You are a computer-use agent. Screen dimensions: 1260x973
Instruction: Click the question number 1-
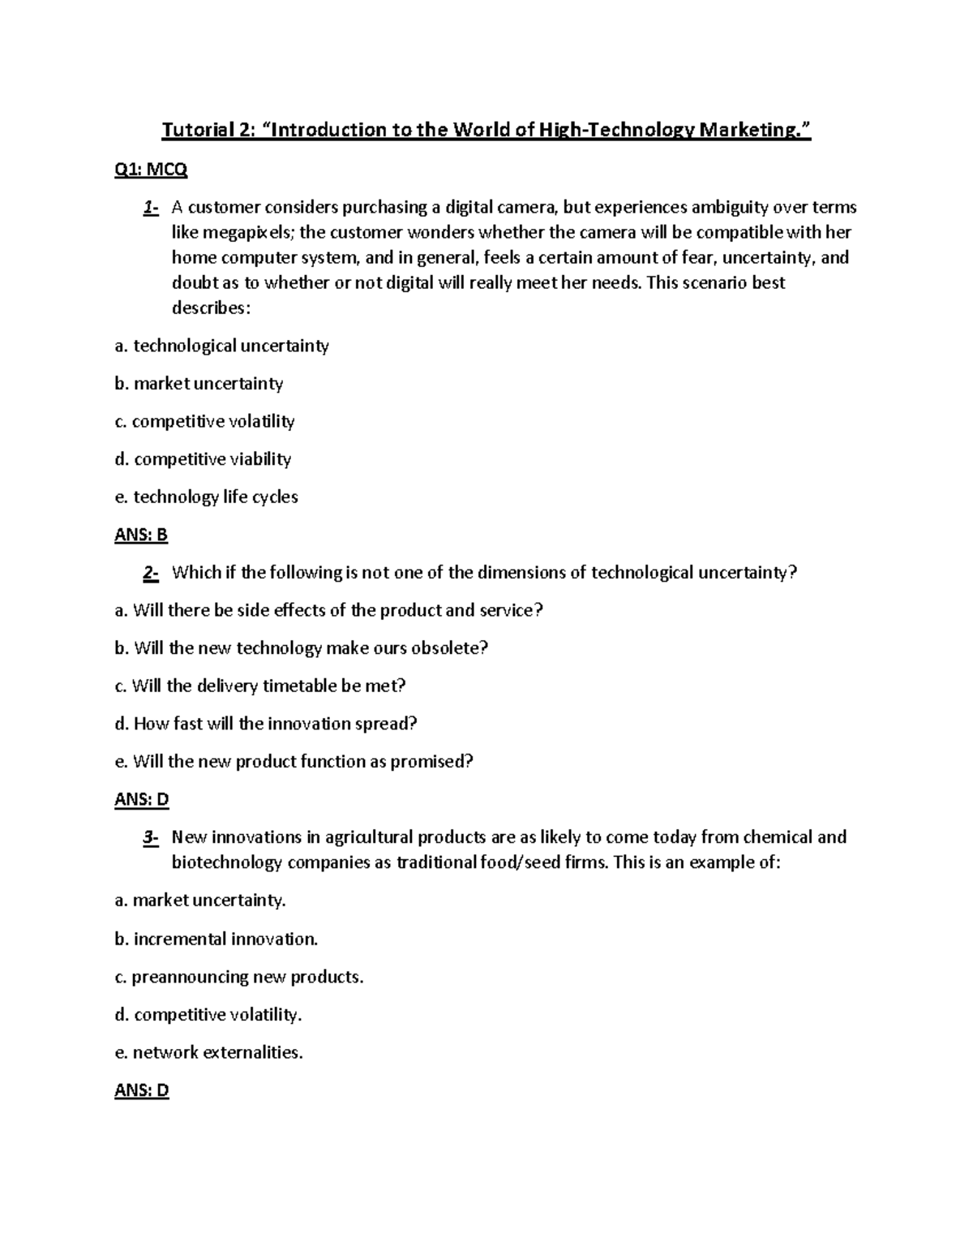(x=150, y=208)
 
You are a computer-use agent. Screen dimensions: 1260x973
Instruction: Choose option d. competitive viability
(x=203, y=459)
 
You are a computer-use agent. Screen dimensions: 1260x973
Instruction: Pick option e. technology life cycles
(x=206, y=497)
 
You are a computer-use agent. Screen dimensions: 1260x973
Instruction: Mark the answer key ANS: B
(x=141, y=535)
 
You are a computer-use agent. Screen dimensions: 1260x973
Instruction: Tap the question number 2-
(x=150, y=573)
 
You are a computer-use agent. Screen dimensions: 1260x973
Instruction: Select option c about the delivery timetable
(x=259, y=686)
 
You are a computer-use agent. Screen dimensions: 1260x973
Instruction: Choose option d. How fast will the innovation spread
(x=265, y=724)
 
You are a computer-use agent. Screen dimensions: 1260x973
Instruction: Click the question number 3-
(x=150, y=837)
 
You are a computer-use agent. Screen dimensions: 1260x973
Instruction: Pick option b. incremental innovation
(x=216, y=939)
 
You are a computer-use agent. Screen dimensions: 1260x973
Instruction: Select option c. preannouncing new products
(x=239, y=977)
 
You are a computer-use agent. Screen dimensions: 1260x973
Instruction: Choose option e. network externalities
(x=209, y=1052)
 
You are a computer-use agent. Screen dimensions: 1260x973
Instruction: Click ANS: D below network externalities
(x=142, y=1090)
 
